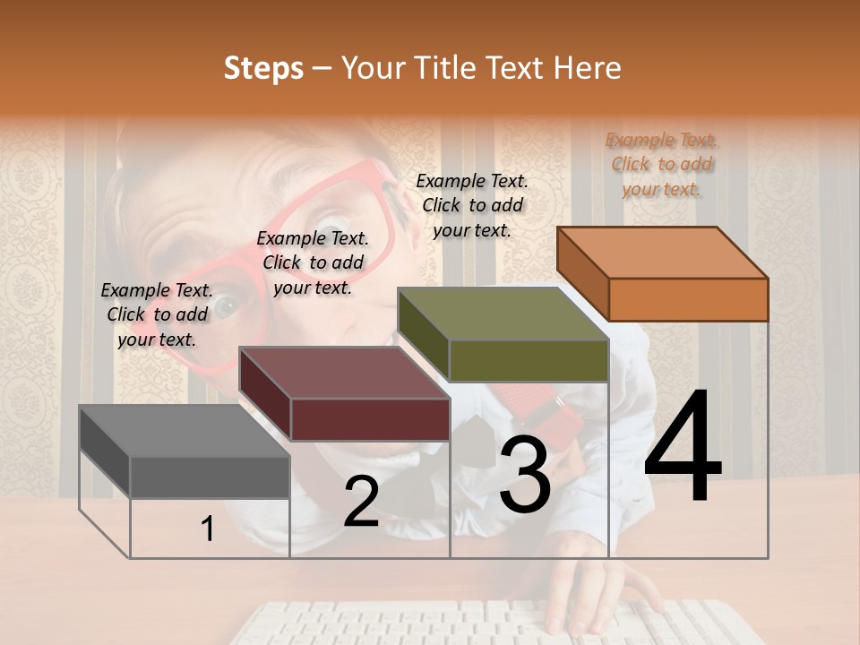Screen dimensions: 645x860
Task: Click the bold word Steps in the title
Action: pyautogui.click(x=263, y=68)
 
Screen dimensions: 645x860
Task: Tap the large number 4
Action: pyautogui.click(x=683, y=448)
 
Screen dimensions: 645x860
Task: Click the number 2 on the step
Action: pyautogui.click(x=361, y=502)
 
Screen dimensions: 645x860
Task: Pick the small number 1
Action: pyautogui.click(x=208, y=529)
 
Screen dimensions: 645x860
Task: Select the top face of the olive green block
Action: pyautogui.click(x=503, y=314)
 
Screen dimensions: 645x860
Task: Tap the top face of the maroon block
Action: pyautogui.click(x=345, y=373)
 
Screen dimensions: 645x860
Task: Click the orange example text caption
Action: pyautogui.click(x=661, y=164)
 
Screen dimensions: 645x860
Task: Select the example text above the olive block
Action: pyautogui.click(x=472, y=205)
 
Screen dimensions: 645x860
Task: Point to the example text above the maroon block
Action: pyautogui.click(x=313, y=262)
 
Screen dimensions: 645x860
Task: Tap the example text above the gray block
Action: pyautogui.click(x=157, y=314)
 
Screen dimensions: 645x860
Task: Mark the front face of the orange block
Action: pyautogui.click(x=688, y=299)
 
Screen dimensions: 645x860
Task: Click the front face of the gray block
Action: pyautogui.click(x=210, y=477)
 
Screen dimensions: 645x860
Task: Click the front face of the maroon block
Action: pyautogui.click(x=370, y=418)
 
